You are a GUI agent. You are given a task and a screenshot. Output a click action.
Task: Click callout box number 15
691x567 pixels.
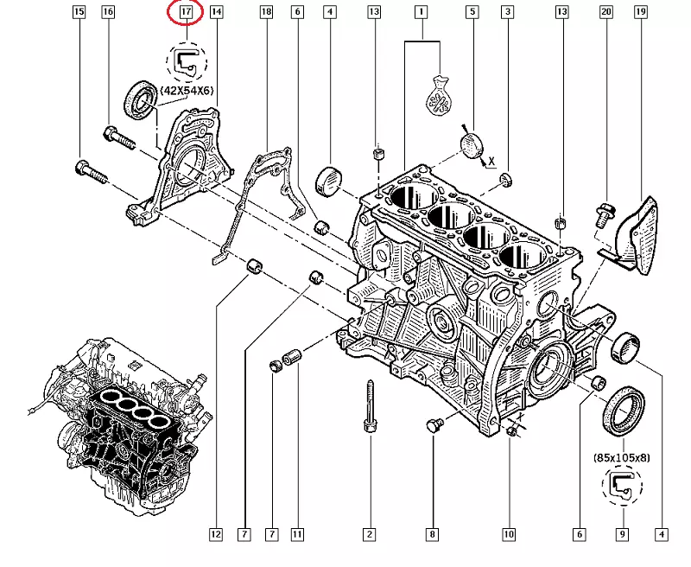coord(79,12)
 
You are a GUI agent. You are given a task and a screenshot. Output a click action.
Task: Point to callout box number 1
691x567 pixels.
coord(422,12)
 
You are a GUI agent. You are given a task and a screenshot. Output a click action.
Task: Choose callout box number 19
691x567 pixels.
coord(641,12)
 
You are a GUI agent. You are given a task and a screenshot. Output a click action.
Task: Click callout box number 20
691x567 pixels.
coord(606,12)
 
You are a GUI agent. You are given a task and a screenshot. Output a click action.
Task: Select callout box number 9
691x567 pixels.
coord(621,535)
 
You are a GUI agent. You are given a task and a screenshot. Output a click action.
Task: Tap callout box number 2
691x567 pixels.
coord(369,535)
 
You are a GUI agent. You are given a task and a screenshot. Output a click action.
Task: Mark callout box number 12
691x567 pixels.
coord(216,535)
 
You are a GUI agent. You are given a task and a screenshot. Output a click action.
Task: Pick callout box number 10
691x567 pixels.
coord(509,535)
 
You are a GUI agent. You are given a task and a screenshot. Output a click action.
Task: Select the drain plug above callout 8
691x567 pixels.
coord(434,424)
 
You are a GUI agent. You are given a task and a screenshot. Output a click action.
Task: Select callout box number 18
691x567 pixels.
coord(266,12)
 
